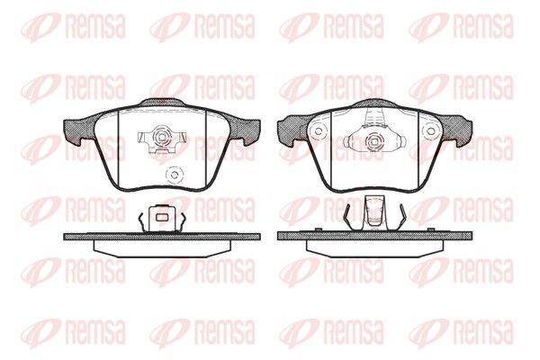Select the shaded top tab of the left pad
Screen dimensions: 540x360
[x=161, y=103]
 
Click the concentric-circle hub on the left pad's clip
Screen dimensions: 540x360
[x=161, y=136]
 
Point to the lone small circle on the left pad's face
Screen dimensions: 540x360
[x=174, y=175]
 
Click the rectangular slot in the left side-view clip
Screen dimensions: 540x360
[x=161, y=217]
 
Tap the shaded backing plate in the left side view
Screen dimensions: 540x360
[x=162, y=237]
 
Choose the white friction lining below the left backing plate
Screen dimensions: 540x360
[x=162, y=248]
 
